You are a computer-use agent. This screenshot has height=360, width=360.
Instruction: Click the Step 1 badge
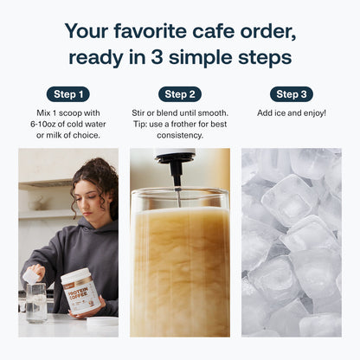[68, 94]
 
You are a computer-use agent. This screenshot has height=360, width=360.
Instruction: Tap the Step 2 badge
[180, 94]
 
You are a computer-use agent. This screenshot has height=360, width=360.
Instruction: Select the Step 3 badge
[292, 94]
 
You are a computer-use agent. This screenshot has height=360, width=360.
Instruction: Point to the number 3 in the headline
[157, 57]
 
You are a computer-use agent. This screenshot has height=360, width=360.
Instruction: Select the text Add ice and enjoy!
[292, 113]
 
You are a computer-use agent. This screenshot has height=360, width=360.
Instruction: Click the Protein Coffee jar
[80, 291]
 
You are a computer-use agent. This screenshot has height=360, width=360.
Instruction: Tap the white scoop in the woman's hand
[31, 276]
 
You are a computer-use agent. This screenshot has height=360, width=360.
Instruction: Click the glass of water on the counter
[36, 303]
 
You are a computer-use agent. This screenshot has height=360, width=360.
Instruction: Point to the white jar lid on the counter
[102, 321]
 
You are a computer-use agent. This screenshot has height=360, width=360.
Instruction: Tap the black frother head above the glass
[175, 166]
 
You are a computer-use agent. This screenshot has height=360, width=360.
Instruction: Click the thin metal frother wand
[178, 196]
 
